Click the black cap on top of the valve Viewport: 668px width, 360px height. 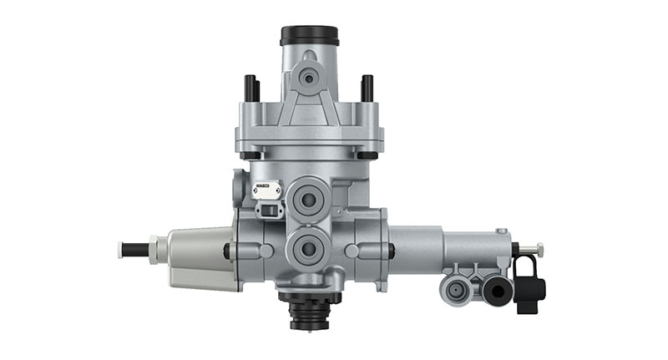(x=309, y=35)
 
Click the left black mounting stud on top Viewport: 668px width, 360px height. (x=250, y=86)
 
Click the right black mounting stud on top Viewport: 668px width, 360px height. (x=367, y=86)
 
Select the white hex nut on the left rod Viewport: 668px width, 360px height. (x=156, y=249)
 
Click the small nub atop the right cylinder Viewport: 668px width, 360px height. (x=500, y=231)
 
